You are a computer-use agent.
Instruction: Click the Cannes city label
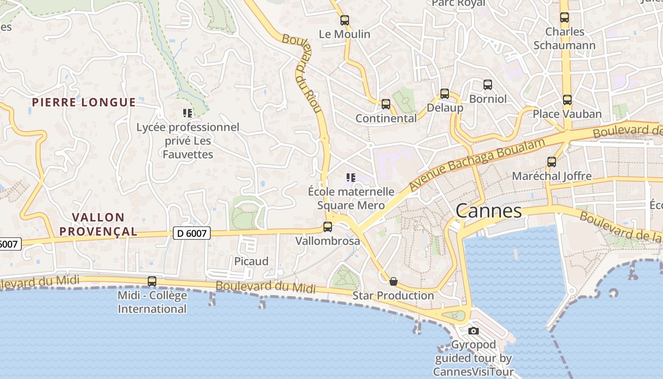pos(489,211)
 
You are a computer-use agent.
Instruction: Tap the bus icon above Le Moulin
pos(345,20)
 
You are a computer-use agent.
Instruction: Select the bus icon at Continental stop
pos(386,104)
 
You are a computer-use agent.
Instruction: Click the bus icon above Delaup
pos(444,94)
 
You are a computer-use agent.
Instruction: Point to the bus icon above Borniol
pos(488,85)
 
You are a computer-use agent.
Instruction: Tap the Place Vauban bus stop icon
pos(567,100)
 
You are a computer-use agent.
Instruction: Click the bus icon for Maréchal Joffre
pos(552,162)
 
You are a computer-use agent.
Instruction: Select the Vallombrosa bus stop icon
pos(328,227)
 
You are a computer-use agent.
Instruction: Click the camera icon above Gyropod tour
pos(474,331)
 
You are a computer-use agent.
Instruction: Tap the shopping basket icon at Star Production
pos(393,281)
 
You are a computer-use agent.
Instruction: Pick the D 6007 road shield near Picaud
pos(191,233)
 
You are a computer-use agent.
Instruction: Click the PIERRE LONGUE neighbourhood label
pos(84,102)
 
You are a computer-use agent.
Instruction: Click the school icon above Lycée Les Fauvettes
pos(188,113)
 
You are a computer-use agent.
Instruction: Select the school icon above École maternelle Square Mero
pos(351,178)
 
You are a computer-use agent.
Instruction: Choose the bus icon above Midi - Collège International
pos(152,281)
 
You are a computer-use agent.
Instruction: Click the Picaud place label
pos(251,262)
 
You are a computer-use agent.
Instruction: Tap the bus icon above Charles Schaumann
pos(564,18)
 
